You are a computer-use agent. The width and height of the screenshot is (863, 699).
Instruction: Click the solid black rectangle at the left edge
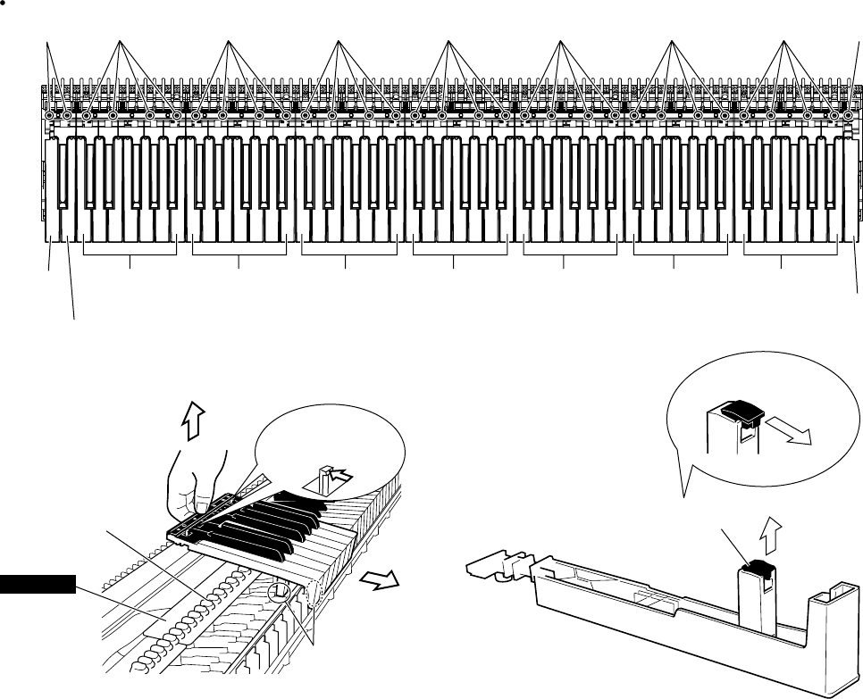37,585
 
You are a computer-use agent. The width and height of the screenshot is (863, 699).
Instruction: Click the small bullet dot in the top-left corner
3,4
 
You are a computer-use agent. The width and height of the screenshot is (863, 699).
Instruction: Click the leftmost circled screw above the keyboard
49,115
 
